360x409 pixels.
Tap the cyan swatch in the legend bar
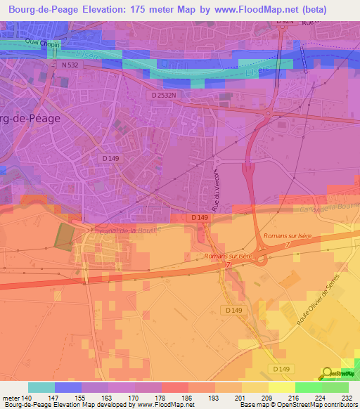coord(41,387)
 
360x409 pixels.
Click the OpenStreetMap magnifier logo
coord(328,373)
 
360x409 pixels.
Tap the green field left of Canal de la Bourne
coord(63,235)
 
